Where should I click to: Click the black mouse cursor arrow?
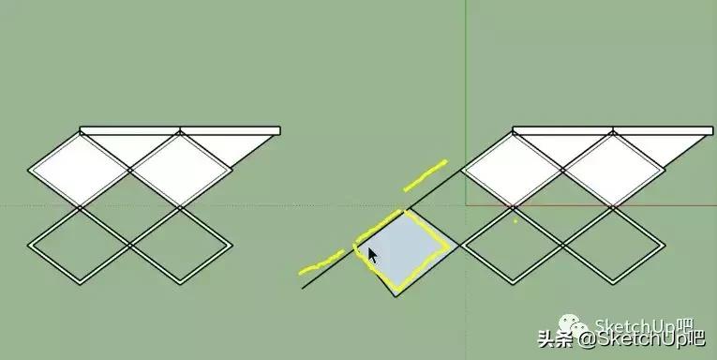click(372, 256)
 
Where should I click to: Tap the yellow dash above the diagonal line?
click(426, 173)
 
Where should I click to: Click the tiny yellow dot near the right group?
click(515, 221)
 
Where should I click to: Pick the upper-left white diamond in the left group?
click(79, 171)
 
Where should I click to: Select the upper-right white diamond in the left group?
click(179, 171)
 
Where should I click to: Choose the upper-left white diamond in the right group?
click(514, 171)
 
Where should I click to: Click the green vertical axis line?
click(466, 94)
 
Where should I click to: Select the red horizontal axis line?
click(600, 204)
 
